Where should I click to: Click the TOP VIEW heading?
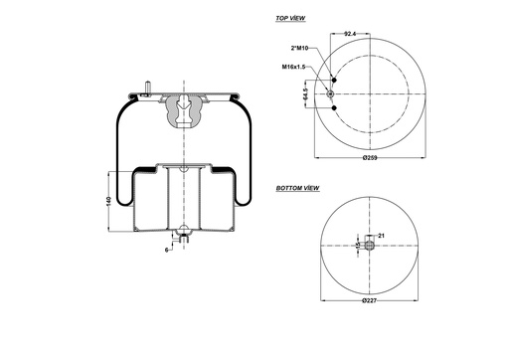click(x=290, y=19)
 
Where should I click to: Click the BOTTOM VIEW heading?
click(x=297, y=187)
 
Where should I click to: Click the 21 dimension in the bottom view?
click(x=381, y=235)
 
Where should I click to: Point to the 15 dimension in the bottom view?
click(x=357, y=245)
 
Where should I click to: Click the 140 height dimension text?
click(x=108, y=202)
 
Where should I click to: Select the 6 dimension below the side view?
click(x=166, y=249)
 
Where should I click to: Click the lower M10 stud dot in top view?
click(x=334, y=107)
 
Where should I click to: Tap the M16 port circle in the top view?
click(x=330, y=94)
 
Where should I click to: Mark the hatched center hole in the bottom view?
click(x=369, y=245)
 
